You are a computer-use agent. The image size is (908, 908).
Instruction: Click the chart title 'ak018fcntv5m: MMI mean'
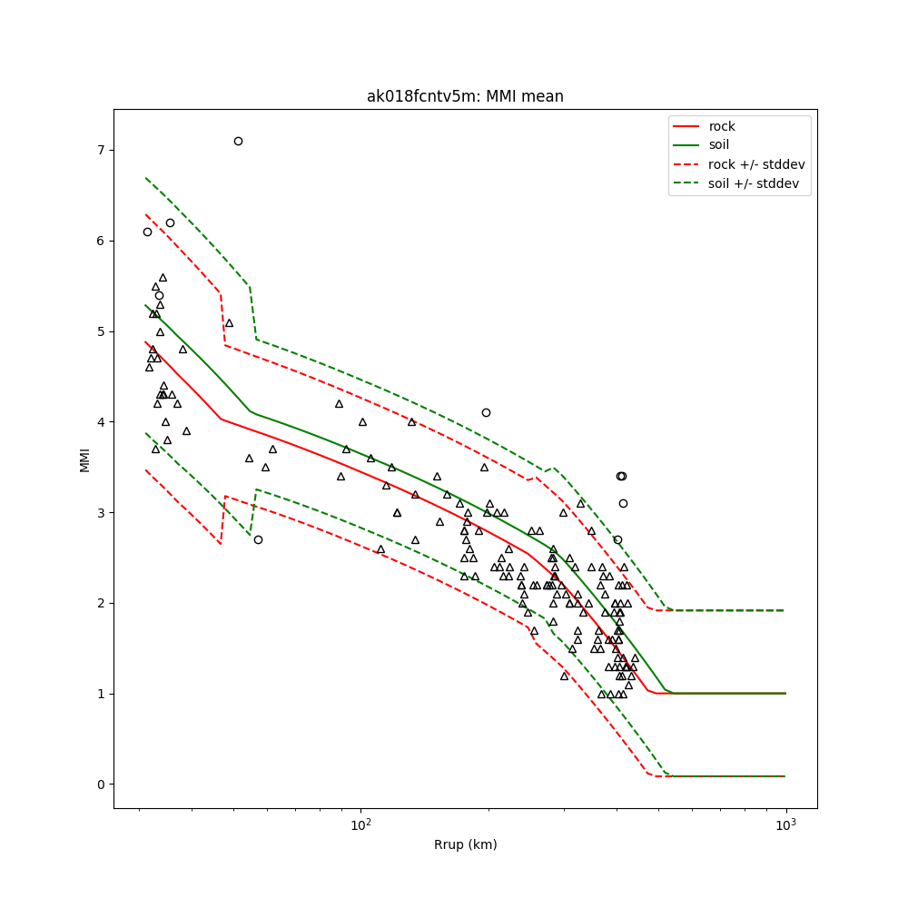465,96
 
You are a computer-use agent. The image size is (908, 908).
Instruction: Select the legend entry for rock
722,126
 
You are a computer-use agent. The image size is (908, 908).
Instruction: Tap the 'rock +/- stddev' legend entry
756,164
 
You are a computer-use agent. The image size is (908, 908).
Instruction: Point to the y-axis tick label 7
101,150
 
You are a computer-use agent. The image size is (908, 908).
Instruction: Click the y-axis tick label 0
101,785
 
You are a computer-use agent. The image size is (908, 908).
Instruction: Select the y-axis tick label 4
101,422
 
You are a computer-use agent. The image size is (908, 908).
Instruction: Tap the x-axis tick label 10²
361,825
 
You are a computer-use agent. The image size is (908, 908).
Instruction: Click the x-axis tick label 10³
785,825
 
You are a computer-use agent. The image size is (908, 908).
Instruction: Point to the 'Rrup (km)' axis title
465,844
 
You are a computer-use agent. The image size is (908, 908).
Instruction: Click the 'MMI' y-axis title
84,459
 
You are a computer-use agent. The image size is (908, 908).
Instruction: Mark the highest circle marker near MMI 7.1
238,141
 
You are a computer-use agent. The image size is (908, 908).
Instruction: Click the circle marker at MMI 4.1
486,412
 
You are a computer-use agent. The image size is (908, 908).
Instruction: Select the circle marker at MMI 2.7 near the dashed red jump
258,539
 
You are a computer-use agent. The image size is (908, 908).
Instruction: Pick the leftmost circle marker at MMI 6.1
147,232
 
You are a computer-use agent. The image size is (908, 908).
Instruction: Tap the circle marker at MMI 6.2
170,222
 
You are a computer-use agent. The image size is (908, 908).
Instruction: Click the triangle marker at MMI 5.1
229,322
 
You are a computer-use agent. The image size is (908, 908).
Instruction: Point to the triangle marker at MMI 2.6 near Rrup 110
380,549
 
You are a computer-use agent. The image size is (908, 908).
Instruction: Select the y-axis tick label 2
101,604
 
